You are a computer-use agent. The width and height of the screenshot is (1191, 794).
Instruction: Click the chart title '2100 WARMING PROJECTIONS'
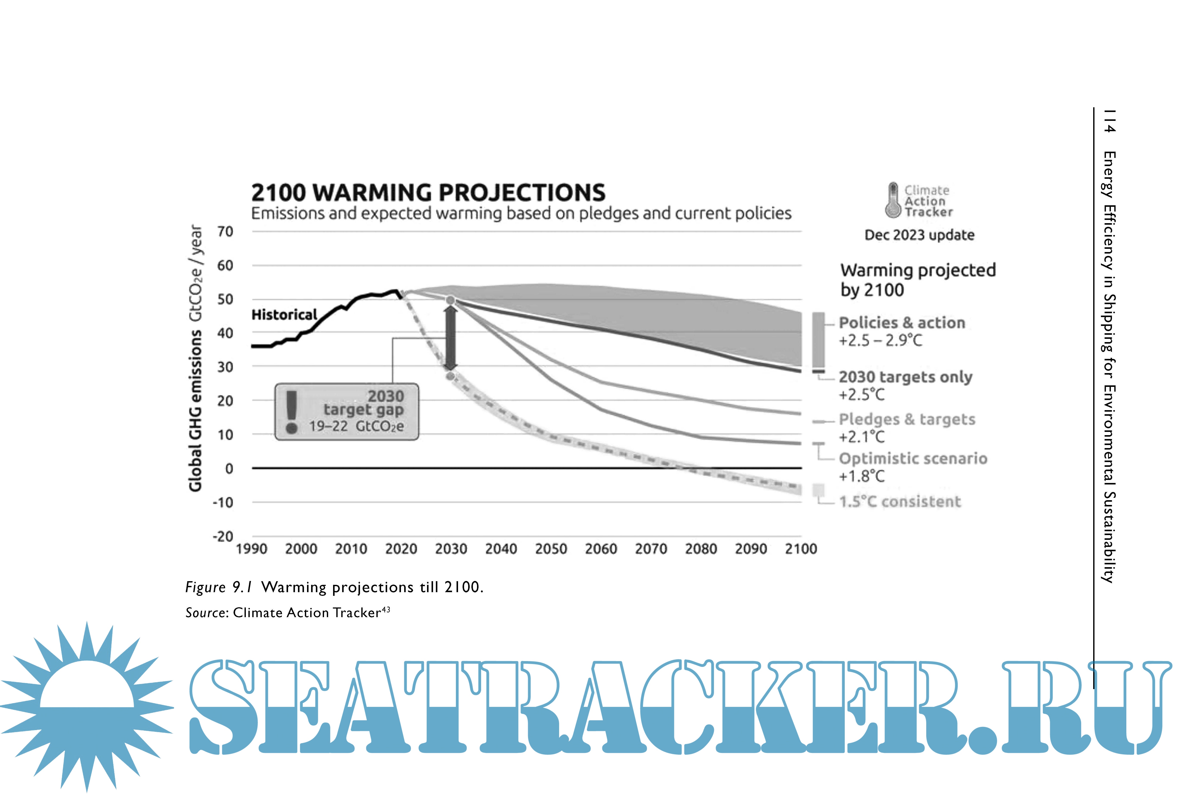coord(428,193)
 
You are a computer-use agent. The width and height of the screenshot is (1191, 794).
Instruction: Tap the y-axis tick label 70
coord(225,232)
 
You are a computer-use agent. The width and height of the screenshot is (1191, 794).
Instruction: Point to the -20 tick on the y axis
coord(223,536)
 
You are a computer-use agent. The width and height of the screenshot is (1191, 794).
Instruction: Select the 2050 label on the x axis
coord(551,549)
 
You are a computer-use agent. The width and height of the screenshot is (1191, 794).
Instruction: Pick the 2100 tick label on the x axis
coord(801,549)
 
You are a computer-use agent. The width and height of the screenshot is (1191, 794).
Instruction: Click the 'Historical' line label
coord(284,315)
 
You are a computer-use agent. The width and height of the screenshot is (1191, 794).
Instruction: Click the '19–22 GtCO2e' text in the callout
coord(357,426)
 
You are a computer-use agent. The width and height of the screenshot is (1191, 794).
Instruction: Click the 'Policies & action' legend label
coord(902,322)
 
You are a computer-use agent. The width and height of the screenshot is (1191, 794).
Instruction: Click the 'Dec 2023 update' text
coord(919,235)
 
